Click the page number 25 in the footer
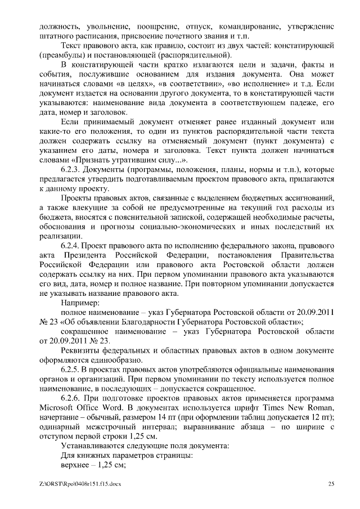(x=331, y=483)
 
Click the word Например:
(x=80, y=304)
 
